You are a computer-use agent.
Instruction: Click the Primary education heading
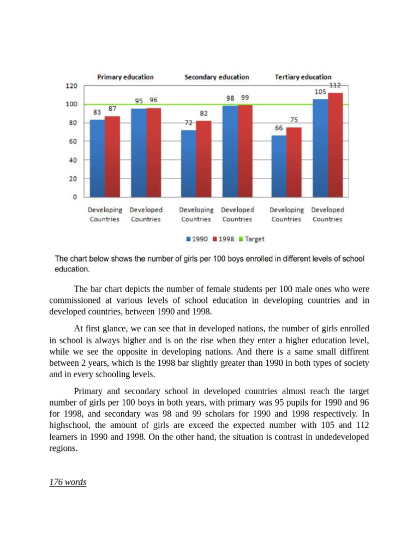[x=125, y=77]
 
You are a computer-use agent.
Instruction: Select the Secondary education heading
[x=217, y=77]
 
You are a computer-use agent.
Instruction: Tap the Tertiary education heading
[x=303, y=77]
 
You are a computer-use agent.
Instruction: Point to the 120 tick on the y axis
[x=71, y=86]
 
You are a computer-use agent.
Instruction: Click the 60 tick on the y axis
[x=73, y=141]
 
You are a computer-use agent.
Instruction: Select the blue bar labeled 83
[x=97, y=158]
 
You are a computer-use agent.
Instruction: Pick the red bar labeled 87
[x=112, y=156]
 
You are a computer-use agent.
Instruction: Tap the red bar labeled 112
[x=335, y=145]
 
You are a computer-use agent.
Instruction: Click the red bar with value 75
[x=294, y=162]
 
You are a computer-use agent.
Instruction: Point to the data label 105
[x=320, y=92]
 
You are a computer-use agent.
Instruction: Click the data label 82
[x=203, y=113]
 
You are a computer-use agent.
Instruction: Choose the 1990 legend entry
[x=197, y=239]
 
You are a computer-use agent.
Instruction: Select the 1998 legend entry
[x=224, y=239]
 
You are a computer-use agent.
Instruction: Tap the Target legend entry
[x=252, y=239]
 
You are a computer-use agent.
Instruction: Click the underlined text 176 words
[x=68, y=482]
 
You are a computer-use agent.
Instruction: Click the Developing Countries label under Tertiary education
[x=286, y=214]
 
